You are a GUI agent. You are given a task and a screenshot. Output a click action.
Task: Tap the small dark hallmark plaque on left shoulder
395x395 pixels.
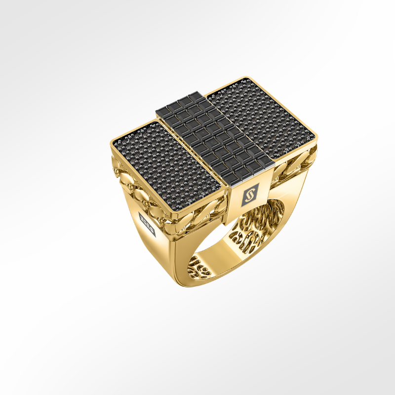(x=147, y=220)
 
